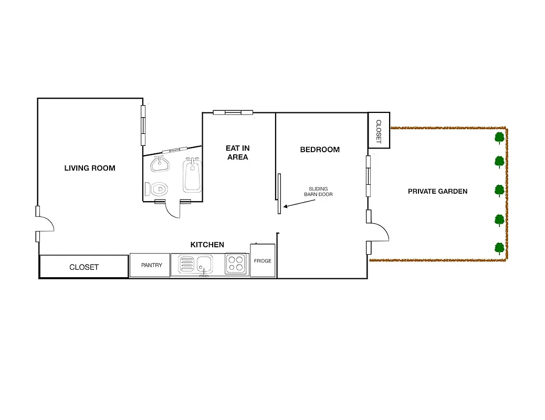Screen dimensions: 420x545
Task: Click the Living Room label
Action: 90,168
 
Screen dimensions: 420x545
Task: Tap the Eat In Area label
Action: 237,153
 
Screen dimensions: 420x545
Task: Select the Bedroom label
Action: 320,150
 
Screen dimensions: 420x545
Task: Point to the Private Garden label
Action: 437,191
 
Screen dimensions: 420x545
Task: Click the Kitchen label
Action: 207,245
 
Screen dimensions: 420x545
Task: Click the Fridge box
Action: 263,261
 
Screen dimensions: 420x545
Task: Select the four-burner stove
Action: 236,264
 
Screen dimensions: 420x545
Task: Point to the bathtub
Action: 192,176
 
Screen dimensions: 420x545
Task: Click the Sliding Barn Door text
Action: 318,192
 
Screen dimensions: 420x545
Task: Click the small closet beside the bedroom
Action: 379,130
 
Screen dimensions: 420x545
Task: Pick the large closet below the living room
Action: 84,267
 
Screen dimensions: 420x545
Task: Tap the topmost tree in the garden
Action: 499,138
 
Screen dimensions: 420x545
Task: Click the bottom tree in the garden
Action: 499,248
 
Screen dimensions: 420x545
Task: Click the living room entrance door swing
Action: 46,224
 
